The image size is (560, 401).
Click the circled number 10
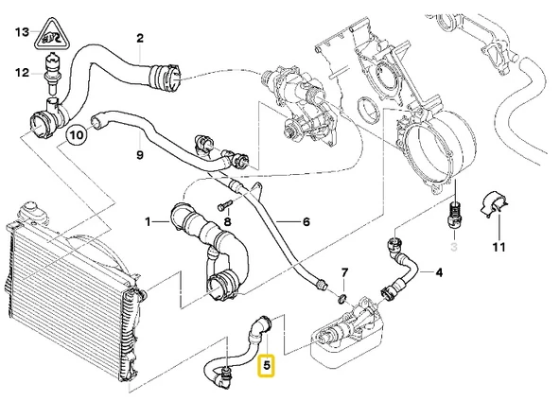[x=77, y=136]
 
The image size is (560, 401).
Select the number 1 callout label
[x=149, y=222]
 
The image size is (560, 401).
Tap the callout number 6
[x=306, y=222]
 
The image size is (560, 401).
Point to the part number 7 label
[x=344, y=272]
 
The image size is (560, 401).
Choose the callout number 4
[x=438, y=274]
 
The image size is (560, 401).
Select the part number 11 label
[x=499, y=248]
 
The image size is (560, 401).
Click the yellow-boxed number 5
[x=267, y=363]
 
